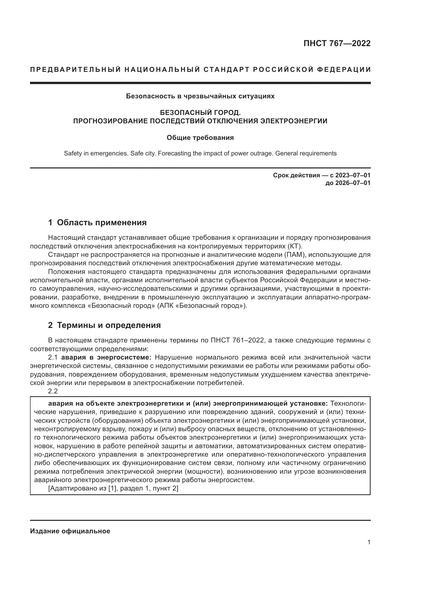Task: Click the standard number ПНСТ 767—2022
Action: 337,43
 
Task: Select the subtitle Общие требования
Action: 200,138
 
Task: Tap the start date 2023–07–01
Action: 353,175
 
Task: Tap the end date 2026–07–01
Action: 353,183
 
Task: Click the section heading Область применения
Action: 102,222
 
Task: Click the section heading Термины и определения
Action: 109,325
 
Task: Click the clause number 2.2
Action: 53,391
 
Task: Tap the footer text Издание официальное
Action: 70,531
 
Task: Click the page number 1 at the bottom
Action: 369,542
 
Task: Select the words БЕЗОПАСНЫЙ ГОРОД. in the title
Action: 200,113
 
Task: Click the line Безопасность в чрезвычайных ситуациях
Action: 200,96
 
